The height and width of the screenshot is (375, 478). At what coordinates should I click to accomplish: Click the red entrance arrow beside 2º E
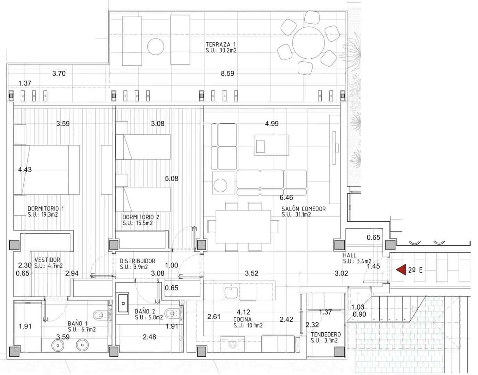click(401, 270)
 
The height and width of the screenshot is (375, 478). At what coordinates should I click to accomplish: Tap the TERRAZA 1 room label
click(221, 44)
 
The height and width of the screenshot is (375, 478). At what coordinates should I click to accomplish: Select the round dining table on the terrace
click(308, 43)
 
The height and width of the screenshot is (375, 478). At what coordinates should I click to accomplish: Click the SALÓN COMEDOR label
click(304, 209)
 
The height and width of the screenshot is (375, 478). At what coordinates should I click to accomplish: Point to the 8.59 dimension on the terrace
click(228, 73)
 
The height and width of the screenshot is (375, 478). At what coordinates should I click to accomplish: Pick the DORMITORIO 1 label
click(46, 209)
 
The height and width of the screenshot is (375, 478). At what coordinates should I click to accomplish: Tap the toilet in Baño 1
click(101, 315)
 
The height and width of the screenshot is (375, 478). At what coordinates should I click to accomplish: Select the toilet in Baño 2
click(172, 312)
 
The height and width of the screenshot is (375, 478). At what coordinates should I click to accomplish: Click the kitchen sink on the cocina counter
click(231, 292)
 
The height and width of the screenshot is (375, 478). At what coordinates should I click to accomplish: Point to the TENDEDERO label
click(325, 335)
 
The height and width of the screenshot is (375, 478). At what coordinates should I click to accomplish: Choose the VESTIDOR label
click(47, 260)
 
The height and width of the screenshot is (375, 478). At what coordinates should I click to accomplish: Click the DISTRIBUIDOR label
click(138, 261)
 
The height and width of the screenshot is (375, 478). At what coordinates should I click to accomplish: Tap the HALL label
click(349, 255)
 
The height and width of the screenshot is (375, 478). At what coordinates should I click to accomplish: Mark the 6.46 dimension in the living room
click(286, 198)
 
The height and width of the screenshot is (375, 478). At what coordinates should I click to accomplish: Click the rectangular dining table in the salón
click(243, 227)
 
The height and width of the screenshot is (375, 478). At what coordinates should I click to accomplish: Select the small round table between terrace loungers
click(156, 47)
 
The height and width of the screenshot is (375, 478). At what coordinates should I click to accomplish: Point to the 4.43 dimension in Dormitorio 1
click(25, 170)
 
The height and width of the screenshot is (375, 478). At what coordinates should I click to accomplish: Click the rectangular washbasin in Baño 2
click(123, 303)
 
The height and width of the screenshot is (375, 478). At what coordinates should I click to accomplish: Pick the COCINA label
click(242, 319)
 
